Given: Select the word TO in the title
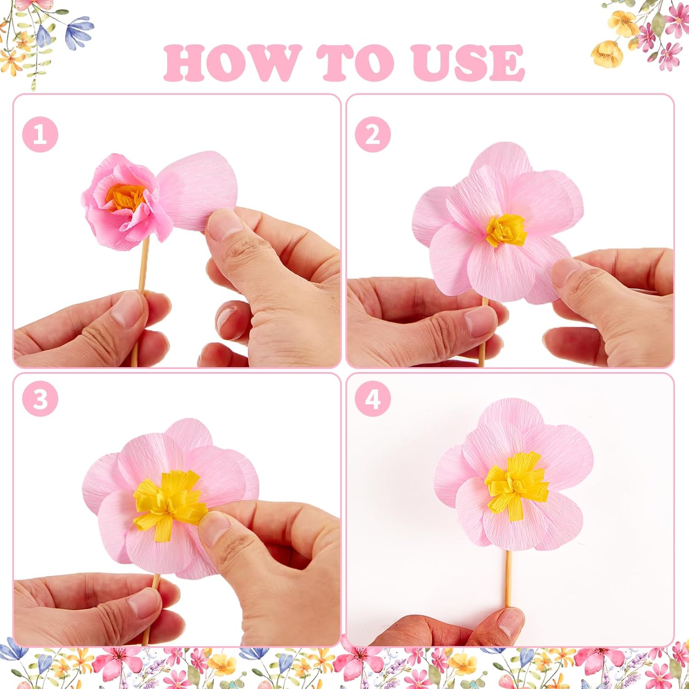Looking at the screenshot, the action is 356,63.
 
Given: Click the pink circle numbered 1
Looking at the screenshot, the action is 40,135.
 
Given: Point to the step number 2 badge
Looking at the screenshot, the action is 373,135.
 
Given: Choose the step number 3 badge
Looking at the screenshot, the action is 40,398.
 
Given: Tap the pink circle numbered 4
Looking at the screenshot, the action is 373,398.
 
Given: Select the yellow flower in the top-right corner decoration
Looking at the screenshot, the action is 607,54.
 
